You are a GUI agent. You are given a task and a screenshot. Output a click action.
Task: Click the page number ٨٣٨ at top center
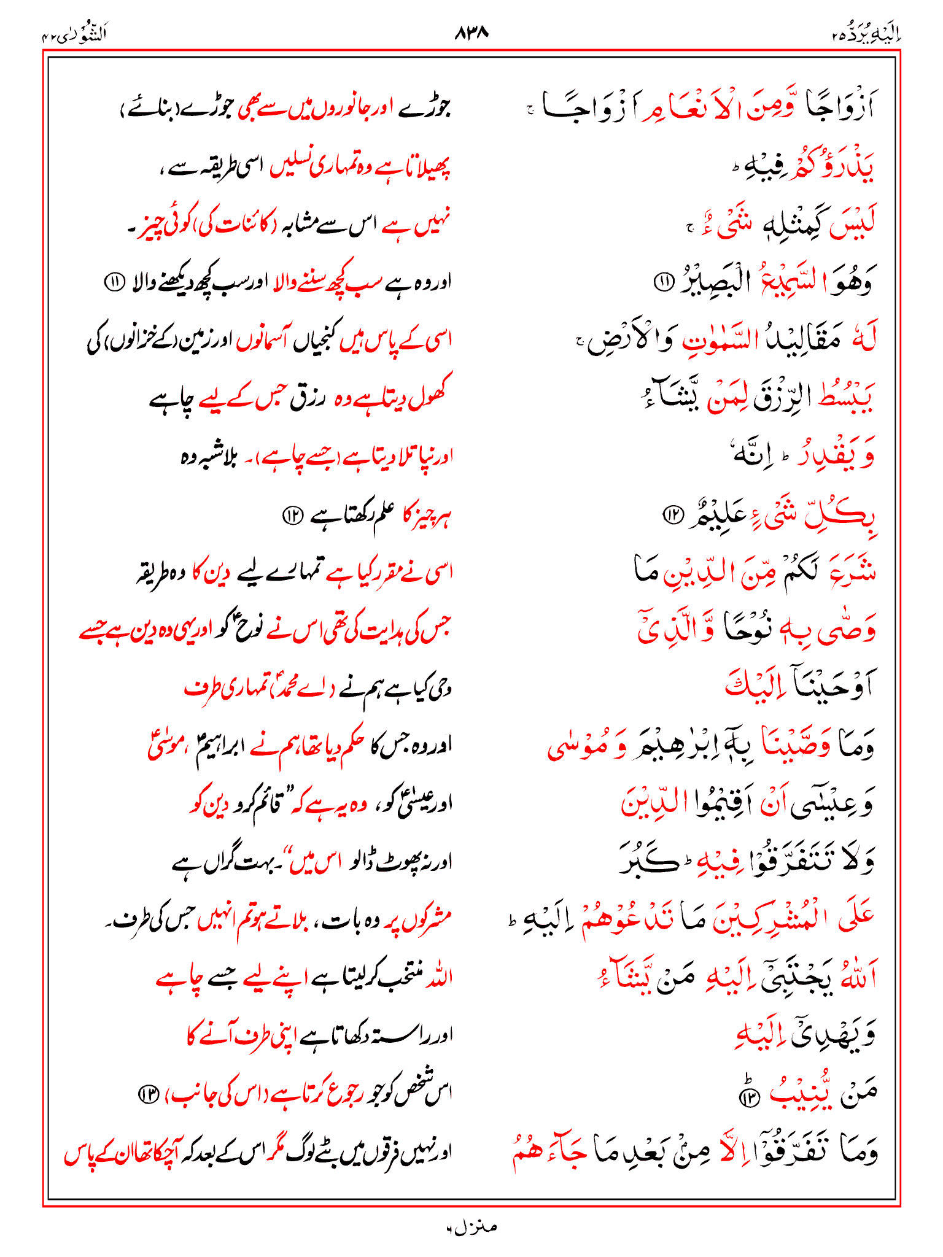click(x=471, y=33)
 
